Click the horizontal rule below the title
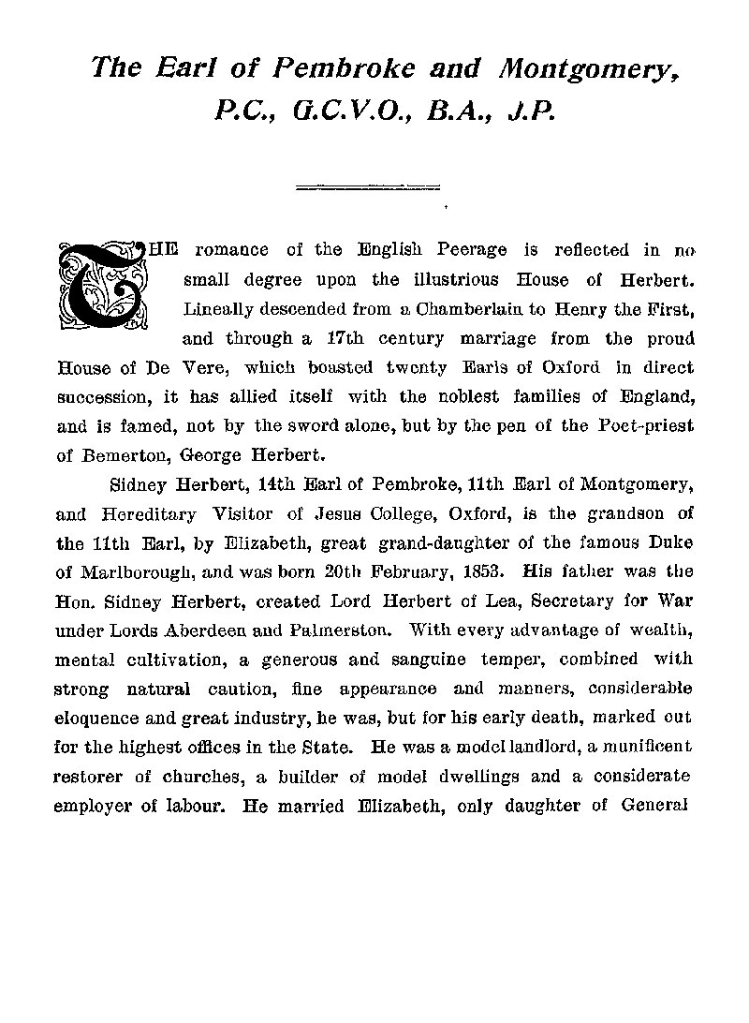tap(367, 187)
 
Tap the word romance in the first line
tap(230, 249)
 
